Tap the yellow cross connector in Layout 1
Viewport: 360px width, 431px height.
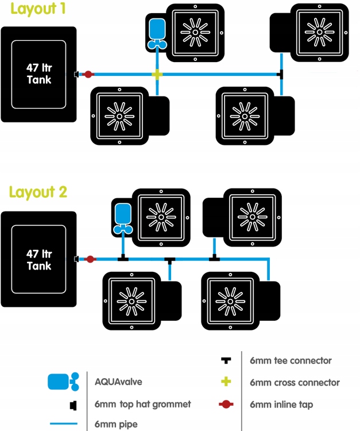click(156, 74)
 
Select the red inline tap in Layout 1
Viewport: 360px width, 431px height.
click(88, 74)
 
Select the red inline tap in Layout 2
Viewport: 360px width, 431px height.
click(90, 259)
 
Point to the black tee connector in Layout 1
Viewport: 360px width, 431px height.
click(280, 74)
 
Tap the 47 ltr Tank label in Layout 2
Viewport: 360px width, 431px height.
click(39, 260)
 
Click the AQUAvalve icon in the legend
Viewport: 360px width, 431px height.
click(63, 381)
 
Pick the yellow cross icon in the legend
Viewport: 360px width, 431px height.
click(226, 382)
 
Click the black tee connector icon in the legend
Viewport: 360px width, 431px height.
click(226, 360)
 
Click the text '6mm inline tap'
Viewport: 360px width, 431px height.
click(281, 405)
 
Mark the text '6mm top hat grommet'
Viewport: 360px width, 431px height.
click(142, 405)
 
